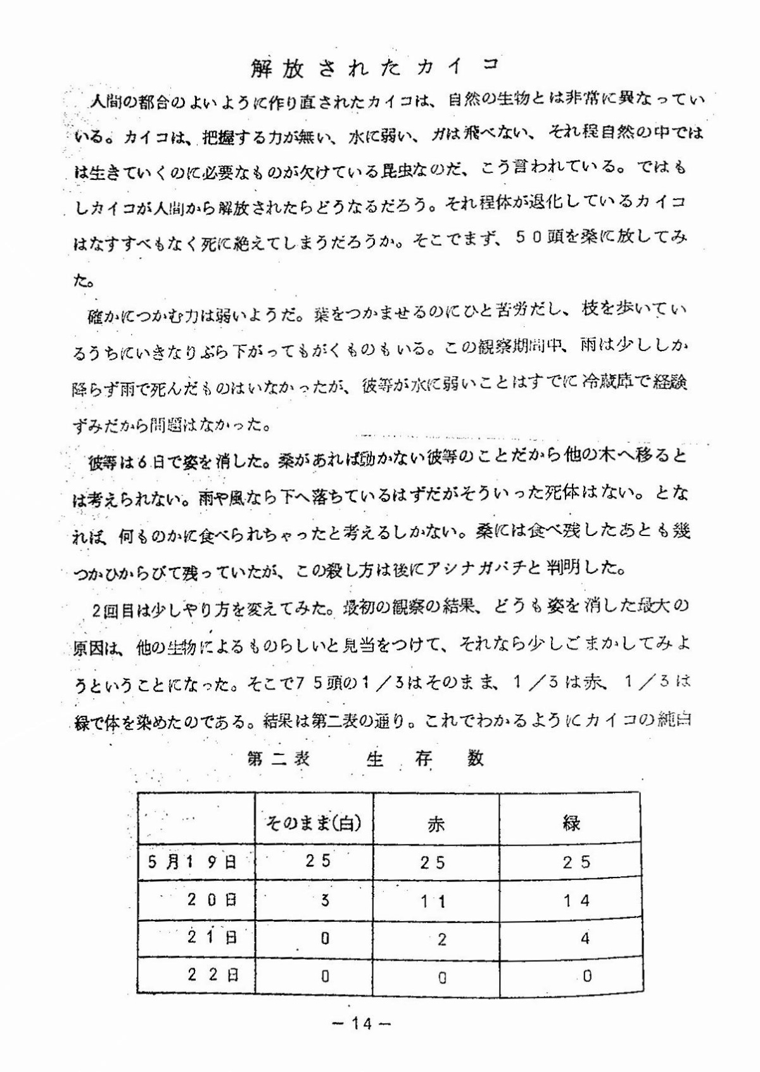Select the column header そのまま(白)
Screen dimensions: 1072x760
(x=313, y=823)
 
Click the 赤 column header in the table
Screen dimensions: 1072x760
(x=436, y=824)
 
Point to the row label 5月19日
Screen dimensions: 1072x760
(x=193, y=862)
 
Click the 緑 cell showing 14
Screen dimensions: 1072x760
(x=577, y=900)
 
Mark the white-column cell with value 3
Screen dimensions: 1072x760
(x=326, y=900)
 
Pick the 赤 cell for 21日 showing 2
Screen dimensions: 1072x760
(x=442, y=939)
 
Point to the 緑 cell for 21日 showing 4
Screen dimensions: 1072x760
(x=585, y=938)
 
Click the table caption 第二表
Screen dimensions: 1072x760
(x=279, y=758)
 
